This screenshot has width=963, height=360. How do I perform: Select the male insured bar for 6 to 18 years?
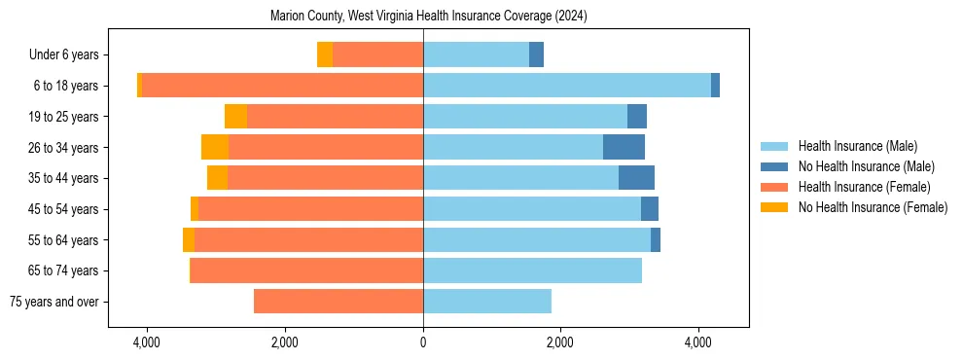pos(567,86)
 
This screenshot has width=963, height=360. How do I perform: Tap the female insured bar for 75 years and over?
pos(339,302)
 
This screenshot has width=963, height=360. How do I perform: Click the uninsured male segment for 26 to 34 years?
pos(624,147)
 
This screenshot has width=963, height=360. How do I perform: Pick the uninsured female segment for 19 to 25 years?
pos(235,117)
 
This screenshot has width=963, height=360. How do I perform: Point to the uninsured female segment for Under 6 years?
pos(325,54)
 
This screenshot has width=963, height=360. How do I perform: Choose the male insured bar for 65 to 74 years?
pos(532,270)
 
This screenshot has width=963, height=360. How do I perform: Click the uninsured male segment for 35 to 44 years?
pos(636,178)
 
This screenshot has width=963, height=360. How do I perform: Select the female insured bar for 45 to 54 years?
pos(310,209)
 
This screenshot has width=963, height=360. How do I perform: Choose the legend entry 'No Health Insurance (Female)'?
pos(873,207)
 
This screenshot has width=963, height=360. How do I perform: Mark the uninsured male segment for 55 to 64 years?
pos(656,240)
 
